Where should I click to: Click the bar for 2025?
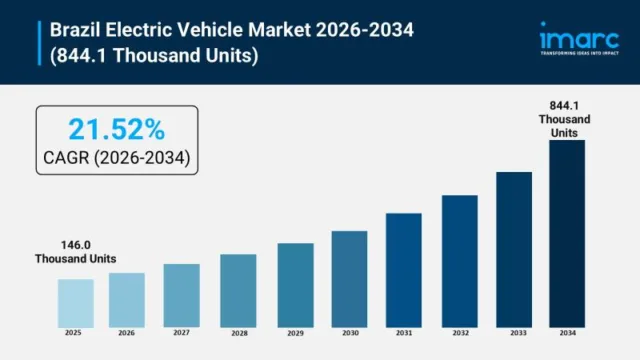click(x=75, y=302)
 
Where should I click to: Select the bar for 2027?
click(x=181, y=295)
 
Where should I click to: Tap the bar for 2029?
click(x=294, y=284)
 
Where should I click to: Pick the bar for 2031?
click(x=403, y=269)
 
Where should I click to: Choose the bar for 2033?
click(x=513, y=249)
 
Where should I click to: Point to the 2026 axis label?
click(x=126, y=332)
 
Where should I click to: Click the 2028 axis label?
click(x=238, y=332)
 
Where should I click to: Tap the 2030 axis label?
click(x=349, y=332)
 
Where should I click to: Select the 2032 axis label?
click(x=459, y=332)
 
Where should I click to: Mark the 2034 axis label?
click(x=567, y=332)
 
